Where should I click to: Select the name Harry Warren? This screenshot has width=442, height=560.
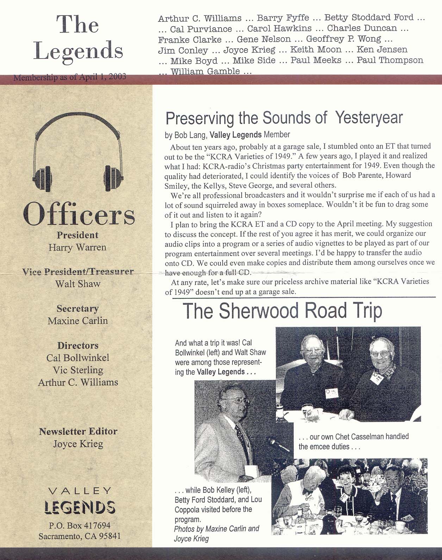click(x=77, y=247)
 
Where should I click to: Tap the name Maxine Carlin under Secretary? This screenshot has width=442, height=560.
click(x=77, y=321)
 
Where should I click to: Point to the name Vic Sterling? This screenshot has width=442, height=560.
click(x=78, y=370)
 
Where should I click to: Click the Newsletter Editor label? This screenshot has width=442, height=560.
click(x=78, y=431)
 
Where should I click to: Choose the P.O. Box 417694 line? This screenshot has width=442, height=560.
click(x=80, y=526)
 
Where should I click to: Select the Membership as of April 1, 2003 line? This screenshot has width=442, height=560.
click(x=70, y=77)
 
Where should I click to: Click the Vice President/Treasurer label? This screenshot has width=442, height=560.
click(x=78, y=272)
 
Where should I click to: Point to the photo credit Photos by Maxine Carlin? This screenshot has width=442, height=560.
click(x=216, y=529)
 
